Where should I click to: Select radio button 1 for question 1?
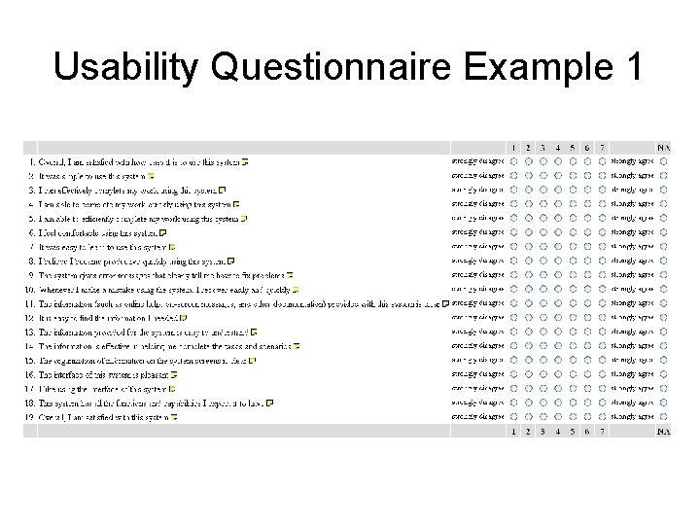513,161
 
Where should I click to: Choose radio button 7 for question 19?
602,417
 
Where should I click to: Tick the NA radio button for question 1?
663,161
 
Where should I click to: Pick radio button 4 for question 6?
558,232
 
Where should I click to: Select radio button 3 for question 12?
542,317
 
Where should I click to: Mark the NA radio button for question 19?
663,417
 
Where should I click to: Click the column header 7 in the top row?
602,148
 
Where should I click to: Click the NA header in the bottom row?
663,431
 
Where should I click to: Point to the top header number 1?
513,148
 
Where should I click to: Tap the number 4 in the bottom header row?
558,431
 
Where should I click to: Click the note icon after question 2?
151,176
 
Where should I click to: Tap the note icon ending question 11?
444,303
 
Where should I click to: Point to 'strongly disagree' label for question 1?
477,161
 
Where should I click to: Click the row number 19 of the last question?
30,417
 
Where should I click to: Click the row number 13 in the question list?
30,332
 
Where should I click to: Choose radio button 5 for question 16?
573,374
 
